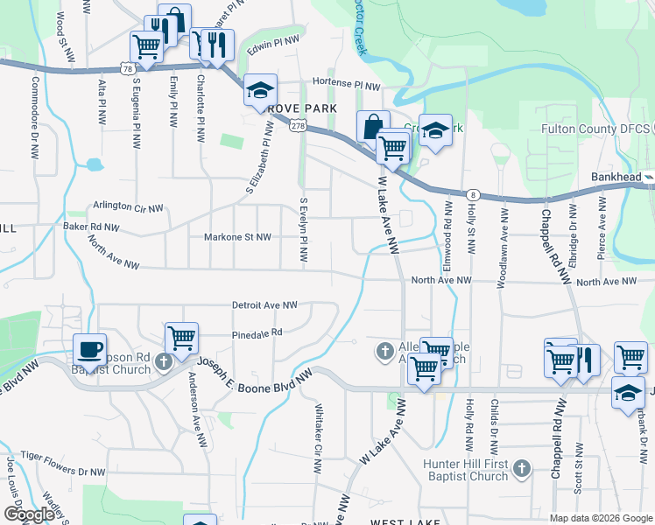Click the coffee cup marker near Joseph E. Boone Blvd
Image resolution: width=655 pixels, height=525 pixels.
tap(89, 348)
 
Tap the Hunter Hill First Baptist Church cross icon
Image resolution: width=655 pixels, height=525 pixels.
tap(521, 468)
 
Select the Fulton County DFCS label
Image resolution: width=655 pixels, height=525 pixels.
tap(596, 129)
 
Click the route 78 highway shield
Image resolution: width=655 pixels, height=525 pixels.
tap(128, 68)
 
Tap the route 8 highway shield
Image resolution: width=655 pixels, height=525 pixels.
tap(473, 194)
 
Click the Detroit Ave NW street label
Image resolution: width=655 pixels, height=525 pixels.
tap(264, 305)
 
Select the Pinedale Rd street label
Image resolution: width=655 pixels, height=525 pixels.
tap(257, 332)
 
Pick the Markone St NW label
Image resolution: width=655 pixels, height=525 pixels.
tap(237, 236)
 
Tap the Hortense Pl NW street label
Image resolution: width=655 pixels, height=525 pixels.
tap(348, 87)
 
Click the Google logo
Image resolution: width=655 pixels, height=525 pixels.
tap(29, 514)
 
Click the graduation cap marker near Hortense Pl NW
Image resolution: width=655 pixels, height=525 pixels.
tap(260, 89)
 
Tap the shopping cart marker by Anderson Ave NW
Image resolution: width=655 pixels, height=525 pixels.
tap(181, 338)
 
